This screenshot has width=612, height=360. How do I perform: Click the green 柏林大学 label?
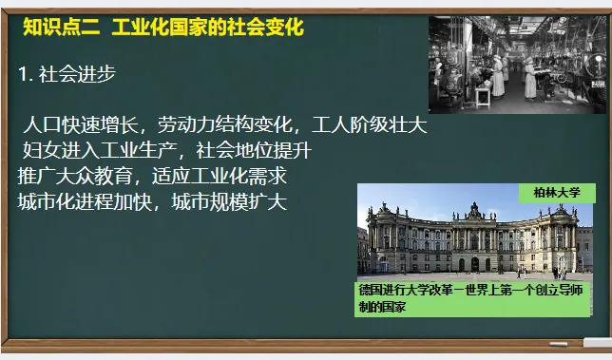point(556,193)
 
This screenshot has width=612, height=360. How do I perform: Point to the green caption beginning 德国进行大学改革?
point(469,298)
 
